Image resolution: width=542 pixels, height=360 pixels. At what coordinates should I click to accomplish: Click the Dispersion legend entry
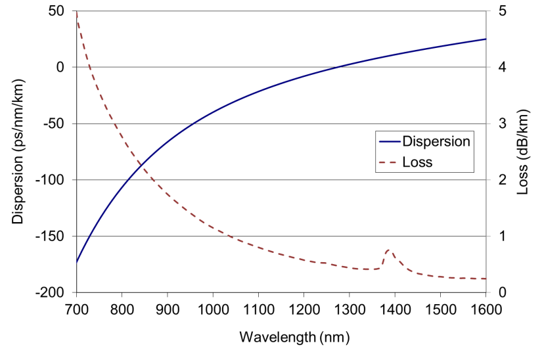(436, 141)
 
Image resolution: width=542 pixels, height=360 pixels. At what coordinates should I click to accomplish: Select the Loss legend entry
(417, 162)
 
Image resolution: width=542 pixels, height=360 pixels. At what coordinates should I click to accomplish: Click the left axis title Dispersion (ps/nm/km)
(18, 151)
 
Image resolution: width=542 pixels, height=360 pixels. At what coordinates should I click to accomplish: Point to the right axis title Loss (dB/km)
(523, 151)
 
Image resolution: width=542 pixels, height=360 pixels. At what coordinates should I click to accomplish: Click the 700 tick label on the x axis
(77, 307)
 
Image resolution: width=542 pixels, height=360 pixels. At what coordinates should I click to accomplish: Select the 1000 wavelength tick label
(213, 307)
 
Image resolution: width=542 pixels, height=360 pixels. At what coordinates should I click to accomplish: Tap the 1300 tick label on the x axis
(349, 307)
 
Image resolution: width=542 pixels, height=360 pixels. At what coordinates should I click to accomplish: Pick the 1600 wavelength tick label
(486, 307)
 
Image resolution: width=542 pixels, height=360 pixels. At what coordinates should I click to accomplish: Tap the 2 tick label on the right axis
(503, 180)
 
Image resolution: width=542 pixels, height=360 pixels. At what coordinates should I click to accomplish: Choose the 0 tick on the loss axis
(503, 292)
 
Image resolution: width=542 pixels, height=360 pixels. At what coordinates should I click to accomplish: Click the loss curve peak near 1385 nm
(388, 250)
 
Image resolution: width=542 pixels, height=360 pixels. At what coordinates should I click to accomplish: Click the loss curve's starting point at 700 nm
(77, 12)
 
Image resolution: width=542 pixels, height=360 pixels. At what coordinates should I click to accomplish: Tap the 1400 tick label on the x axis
(394, 307)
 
